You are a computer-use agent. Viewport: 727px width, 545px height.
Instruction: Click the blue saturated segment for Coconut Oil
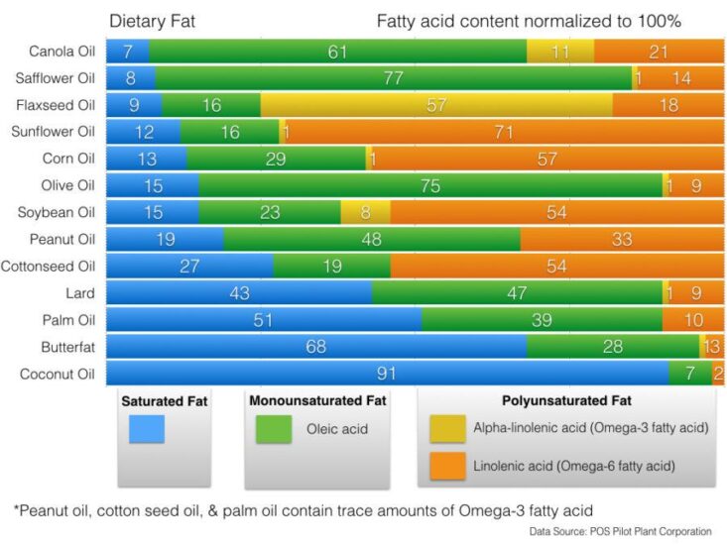tap(387, 374)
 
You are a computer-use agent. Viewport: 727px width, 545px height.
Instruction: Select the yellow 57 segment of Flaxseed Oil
tap(436, 105)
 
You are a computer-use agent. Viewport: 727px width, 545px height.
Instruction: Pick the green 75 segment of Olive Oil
tap(430, 185)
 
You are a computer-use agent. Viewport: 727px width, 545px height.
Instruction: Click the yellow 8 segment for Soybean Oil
tap(365, 212)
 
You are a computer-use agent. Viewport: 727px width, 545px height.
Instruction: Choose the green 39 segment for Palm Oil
tap(542, 320)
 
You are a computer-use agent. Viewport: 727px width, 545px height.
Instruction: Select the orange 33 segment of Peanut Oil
tap(622, 239)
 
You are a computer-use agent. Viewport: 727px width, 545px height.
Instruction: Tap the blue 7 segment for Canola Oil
tap(128, 52)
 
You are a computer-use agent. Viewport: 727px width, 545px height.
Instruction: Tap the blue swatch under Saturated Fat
tap(146, 429)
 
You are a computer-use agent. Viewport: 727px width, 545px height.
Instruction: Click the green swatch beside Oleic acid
tap(273, 429)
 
